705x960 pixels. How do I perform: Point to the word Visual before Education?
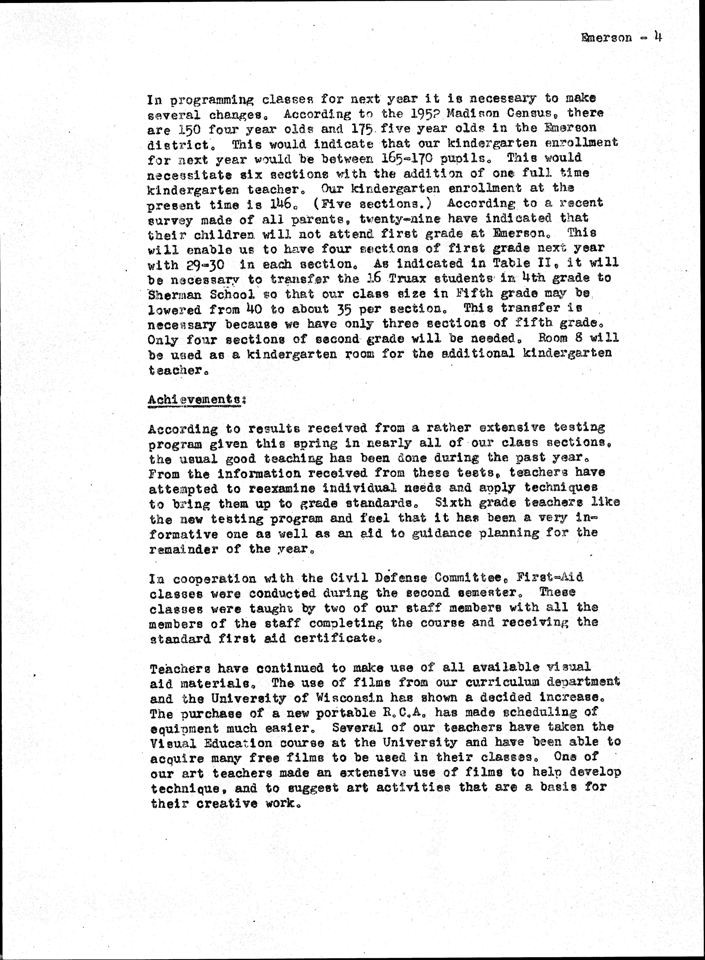pyautogui.click(x=173, y=743)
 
